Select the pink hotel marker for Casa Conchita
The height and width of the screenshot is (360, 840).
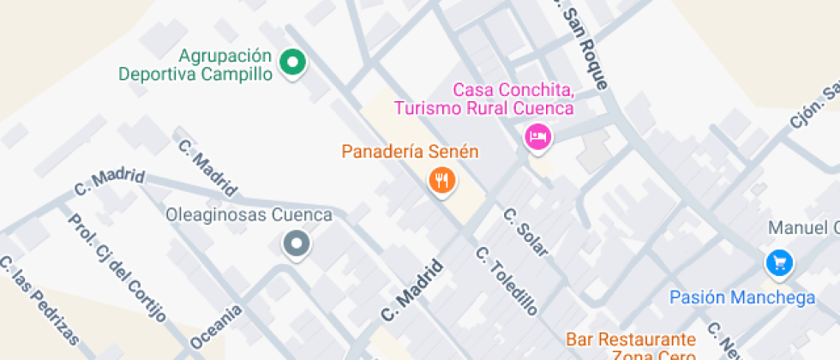coord(537,135)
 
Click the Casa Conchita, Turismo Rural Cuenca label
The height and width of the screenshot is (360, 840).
coord(483,99)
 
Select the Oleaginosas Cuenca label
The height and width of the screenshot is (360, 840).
coord(249,215)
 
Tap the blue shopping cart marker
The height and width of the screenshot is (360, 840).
coord(778,263)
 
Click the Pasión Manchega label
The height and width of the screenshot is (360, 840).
coord(742,297)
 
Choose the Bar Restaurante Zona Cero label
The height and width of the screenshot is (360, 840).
coord(631,347)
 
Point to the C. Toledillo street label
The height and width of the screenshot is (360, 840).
coord(507,281)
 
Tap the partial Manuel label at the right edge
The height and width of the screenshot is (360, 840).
coord(804,228)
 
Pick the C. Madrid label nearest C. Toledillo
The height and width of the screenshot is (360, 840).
coord(413,291)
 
